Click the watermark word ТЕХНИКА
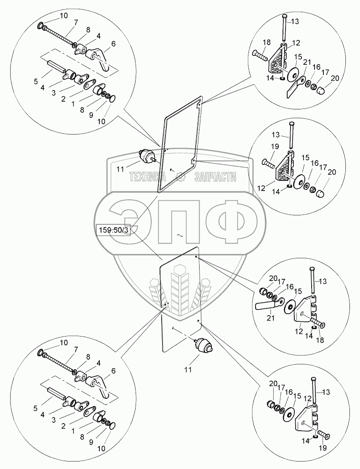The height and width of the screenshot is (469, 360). tap(148, 178)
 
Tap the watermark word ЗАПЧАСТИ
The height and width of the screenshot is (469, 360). tap(215, 178)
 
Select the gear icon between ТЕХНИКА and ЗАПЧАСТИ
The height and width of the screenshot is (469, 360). tap(180, 178)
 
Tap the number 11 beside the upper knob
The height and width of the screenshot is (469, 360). tap(120, 169)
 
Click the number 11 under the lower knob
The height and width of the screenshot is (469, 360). tap(188, 370)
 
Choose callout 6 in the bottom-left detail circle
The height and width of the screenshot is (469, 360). tap(113, 371)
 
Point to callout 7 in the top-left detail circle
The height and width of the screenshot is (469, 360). tap(76, 22)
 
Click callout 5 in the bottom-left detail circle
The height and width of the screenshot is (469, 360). tap(36, 408)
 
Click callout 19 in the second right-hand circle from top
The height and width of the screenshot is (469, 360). tap(275, 147)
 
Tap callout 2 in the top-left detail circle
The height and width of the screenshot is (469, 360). tap(63, 99)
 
